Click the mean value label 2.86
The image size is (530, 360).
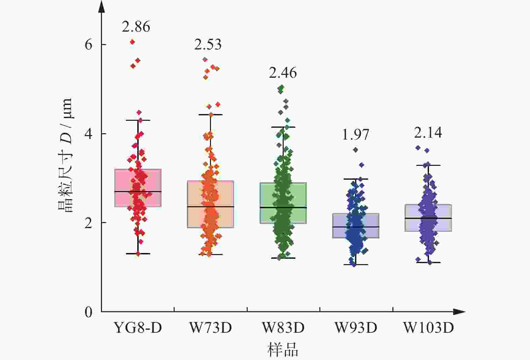(x=136, y=27)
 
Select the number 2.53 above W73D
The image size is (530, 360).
(x=208, y=44)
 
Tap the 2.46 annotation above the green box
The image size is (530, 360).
(x=283, y=73)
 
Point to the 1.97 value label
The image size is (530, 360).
(x=355, y=135)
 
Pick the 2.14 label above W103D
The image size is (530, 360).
(x=428, y=133)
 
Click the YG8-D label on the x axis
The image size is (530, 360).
(x=138, y=327)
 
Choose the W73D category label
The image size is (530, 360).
(x=211, y=327)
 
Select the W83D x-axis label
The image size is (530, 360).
(x=283, y=327)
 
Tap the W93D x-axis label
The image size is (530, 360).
(x=356, y=327)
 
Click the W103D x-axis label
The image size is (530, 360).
(x=429, y=327)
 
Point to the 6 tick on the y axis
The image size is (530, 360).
(x=89, y=44)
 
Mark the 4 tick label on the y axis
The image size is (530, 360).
(x=89, y=134)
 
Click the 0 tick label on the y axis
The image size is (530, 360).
(x=89, y=312)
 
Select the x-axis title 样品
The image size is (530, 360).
(x=283, y=350)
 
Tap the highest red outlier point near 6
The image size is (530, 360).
(x=133, y=42)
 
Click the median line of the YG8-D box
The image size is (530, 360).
(x=138, y=191)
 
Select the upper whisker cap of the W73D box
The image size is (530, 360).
(x=211, y=115)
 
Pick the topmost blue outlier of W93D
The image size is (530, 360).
(x=355, y=150)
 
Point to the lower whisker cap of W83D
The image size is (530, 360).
(x=283, y=258)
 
